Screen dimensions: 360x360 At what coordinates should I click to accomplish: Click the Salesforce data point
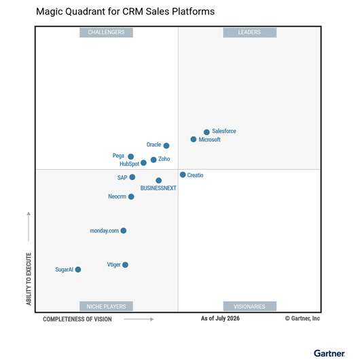206,132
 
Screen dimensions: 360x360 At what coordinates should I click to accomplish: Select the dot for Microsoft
194,139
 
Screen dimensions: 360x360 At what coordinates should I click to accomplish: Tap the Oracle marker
166,145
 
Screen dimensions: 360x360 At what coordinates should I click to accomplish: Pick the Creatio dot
183,175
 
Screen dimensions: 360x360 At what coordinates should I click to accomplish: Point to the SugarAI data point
78,270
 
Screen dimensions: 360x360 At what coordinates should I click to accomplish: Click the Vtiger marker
126,265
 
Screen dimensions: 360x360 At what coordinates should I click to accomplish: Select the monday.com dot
124,230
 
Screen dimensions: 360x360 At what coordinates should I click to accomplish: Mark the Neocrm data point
131,197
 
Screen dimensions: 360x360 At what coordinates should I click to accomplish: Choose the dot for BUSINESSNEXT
159,181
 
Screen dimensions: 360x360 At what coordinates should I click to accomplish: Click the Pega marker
131,157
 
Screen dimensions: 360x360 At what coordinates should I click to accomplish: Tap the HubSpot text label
130,164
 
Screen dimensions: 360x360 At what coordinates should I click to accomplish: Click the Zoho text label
164,159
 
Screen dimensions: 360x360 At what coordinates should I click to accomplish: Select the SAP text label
122,177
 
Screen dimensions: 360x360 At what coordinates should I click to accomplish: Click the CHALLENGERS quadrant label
106,33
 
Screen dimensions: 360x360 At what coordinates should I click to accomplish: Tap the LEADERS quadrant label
250,33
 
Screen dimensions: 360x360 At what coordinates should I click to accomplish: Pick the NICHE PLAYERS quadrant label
106,306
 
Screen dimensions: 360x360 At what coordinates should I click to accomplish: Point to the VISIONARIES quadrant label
250,306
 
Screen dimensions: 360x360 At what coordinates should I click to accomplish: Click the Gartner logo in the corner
329,353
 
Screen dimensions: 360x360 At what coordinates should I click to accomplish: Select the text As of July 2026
220,319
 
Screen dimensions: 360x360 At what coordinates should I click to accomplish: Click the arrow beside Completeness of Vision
139,319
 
